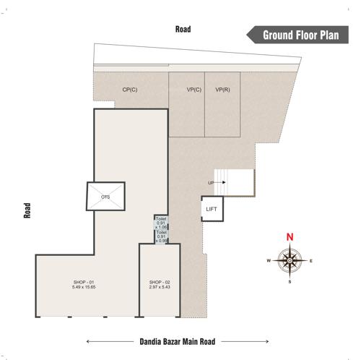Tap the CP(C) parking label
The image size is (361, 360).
click(130, 90)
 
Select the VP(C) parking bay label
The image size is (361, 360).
click(193, 90)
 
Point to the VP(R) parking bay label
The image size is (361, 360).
click(222, 90)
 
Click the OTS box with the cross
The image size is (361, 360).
click(105, 196)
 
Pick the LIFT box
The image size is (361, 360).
click(212, 209)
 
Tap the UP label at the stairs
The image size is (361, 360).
click(211, 182)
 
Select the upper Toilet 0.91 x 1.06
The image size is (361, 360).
click(162, 223)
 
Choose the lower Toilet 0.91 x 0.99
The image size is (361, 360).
click(162, 236)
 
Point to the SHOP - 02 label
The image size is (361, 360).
click(160, 282)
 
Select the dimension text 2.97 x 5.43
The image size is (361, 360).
click(160, 288)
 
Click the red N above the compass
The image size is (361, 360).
click(290, 236)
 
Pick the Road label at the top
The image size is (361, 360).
click(183, 29)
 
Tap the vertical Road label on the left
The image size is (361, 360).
click(28, 209)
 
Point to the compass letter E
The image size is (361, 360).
click(311, 260)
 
